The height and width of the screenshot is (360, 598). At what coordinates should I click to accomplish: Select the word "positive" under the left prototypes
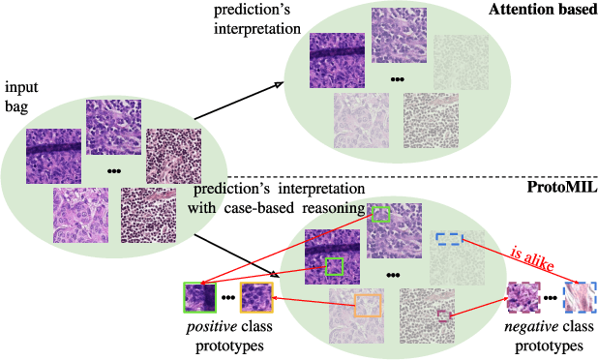coord(205,329)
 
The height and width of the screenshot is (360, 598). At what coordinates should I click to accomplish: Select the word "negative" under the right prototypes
coord(526,329)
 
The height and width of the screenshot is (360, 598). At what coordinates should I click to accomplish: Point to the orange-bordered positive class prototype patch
coord(254,297)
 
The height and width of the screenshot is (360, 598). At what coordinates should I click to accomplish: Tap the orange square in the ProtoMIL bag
coord(368,305)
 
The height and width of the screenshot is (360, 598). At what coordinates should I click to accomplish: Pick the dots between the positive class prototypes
coord(227,297)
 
